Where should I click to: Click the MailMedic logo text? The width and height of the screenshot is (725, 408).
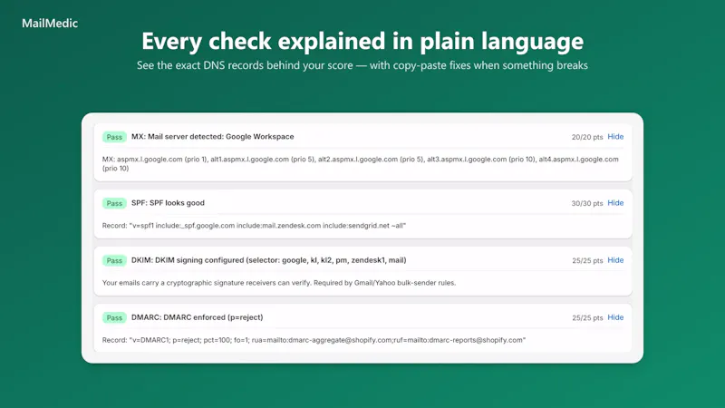click(x=50, y=24)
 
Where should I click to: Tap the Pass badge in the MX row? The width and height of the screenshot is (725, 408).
click(x=114, y=137)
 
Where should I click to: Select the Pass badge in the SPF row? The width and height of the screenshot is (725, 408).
click(x=114, y=203)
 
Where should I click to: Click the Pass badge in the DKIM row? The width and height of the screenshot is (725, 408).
click(x=114, y=260)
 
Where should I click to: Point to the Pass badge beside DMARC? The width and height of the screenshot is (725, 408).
click(x=114, y=318)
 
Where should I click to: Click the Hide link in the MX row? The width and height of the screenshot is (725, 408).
click(x=615, y=137)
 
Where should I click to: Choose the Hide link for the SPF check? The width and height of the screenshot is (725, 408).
click(x=615, y=202)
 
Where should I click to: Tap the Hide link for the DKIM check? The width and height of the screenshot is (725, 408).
click(x=615, y=260)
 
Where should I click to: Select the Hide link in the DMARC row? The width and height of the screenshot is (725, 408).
click(x=615, y=317)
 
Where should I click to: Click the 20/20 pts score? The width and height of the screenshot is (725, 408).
click(x=587, y=137)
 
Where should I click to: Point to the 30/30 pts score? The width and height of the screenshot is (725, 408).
click(x=587, y=203)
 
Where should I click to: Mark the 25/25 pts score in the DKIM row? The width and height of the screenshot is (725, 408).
click(x=587, y=260)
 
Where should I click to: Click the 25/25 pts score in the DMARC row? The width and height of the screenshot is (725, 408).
click(x=587, y=318)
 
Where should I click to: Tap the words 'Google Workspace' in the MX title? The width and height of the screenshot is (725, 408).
click(x=260, y=137)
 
